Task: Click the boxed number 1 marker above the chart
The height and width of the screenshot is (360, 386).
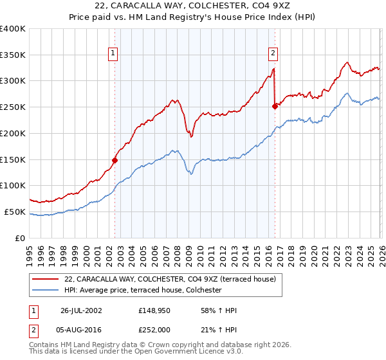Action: click(x=113, y=54)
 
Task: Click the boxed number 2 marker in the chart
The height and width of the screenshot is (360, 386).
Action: click(x=273, y=54)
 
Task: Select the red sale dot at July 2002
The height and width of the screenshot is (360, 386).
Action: click(x=115, y=160)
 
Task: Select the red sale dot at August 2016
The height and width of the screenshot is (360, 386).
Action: click(x=275, y=106)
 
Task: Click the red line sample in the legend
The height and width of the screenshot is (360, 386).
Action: click(x=46, y=279)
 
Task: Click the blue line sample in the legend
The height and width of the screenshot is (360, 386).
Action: click(x=46, y=291)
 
